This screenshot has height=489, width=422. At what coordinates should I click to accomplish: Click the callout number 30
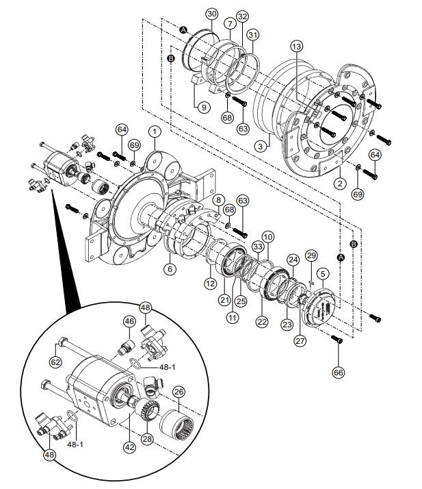pos(211,14)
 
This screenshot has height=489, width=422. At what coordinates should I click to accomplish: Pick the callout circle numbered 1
pos(155,130)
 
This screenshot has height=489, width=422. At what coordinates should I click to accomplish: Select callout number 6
pos(169,270)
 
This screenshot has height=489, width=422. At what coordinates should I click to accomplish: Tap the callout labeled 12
pos(212,284)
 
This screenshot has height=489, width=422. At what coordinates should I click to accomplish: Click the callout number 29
pos(311,255)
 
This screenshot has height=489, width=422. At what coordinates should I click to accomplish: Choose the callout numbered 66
pos(339,373)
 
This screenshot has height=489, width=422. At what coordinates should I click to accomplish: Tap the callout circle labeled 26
pos(178,393)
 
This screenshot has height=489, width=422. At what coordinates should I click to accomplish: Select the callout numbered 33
pos(257,246)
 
